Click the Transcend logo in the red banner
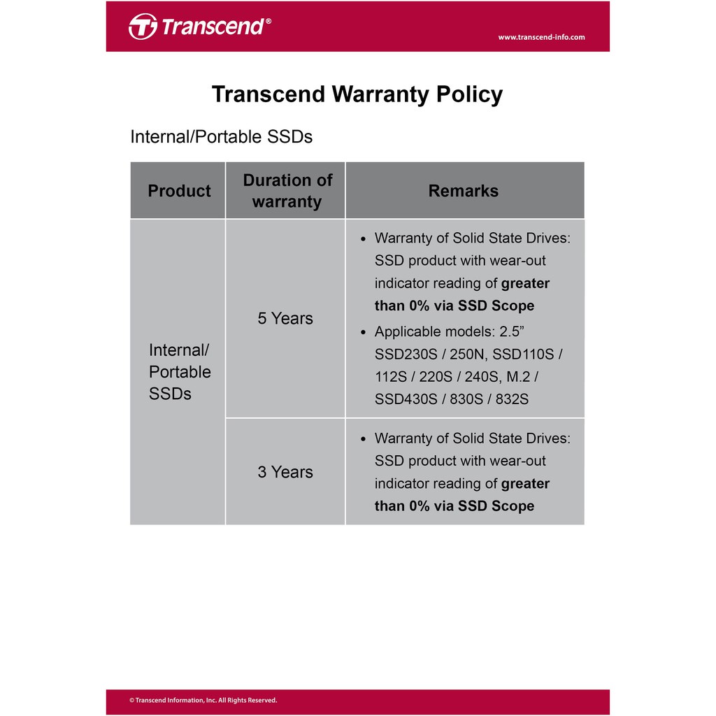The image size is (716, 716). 199,27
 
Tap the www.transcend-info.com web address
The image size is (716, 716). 541,37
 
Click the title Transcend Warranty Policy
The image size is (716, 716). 357,94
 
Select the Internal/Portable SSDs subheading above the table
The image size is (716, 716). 221,136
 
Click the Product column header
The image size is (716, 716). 179,191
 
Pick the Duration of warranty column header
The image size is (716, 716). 287,191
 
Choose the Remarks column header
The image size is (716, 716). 463,191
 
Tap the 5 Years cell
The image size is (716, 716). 285,319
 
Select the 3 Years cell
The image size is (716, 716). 285,472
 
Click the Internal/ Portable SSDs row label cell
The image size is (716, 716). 179,372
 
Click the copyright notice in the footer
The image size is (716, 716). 203,701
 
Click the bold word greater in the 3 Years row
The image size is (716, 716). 525,484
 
